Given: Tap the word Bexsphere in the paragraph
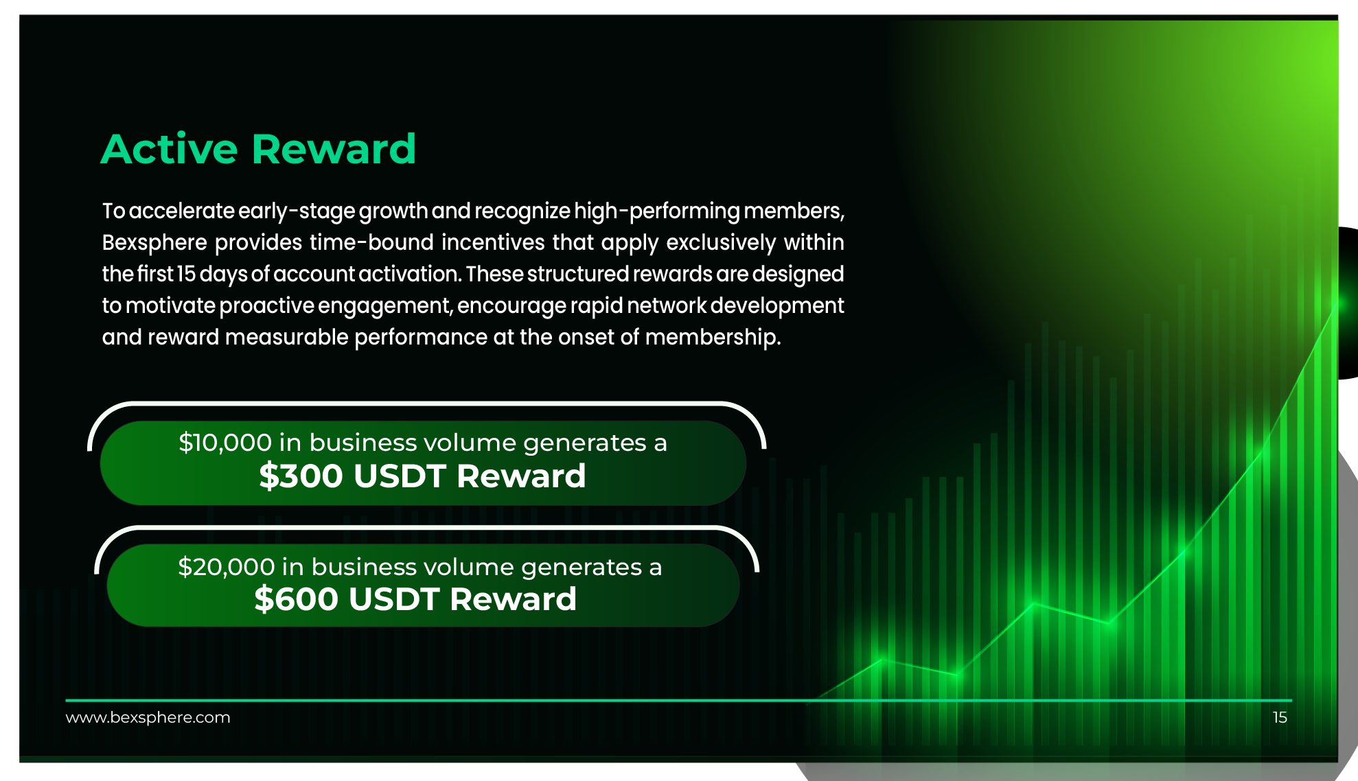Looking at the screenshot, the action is pos(154,242).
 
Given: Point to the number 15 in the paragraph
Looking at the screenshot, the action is pos(187,274).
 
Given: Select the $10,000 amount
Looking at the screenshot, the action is pos(225,443).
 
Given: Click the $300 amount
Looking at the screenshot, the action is pos(301,476).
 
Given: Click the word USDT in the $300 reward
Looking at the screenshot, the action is pos(400,476).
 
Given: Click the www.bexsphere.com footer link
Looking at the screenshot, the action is pos(148,717).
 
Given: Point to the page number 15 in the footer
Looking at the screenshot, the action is pos(1280,717).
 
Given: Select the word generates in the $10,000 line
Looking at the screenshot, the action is pos(585,443).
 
